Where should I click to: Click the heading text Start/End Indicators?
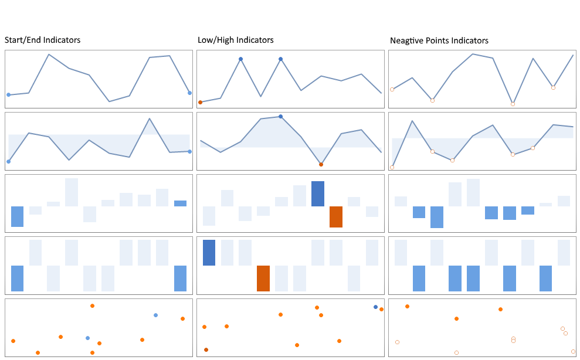[x=42, y=40]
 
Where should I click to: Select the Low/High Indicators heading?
[x=235, y=40]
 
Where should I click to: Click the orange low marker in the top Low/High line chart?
[x=201, y=102]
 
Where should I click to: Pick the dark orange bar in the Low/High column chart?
[x=335, y=217]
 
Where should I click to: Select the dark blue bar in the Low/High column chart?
[x=317, y=193]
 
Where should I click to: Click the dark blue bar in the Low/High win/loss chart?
[x=209, y=253]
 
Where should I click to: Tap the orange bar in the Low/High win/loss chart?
[x=263, y=279]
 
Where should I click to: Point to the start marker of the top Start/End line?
[x=8, y=94]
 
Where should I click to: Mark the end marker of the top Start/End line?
[x=189, y=93]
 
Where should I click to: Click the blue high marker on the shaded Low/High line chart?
[x=281, y=117]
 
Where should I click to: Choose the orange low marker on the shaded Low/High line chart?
[x=321, y=164]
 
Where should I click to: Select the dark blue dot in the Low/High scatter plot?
[x=375, y=307]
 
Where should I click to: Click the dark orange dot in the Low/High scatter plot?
[x=206, y=350]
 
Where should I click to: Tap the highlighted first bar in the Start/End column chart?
[x=17, y=216]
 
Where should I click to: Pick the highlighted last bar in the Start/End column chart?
[x=180, y=203]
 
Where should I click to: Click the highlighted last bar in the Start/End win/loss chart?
[x=180, y=279]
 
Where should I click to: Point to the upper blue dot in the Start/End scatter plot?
[x=155, y=315]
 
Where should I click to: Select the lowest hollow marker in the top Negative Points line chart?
[x=513, y=104]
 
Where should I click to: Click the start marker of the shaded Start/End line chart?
[x=8, y=161]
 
